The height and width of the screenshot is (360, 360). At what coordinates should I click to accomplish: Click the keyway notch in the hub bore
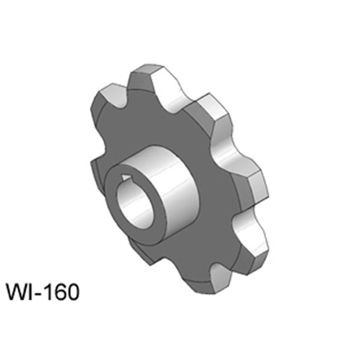(125, 177)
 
